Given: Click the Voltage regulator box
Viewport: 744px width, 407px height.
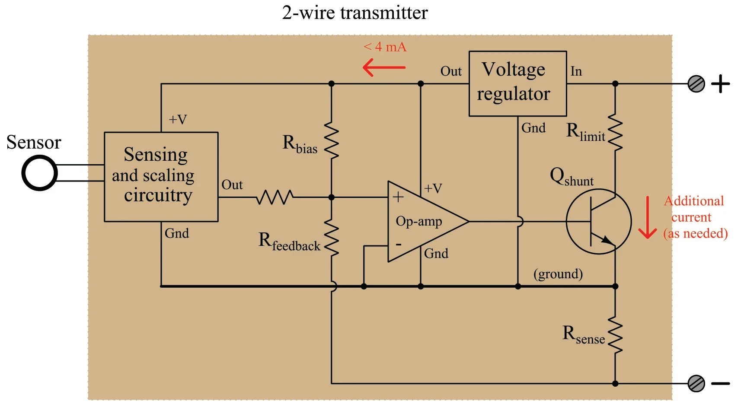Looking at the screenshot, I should pyautogui.click(x=517, y=83).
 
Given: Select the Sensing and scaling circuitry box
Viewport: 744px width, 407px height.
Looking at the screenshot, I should pyautogui.click(x=161, y=177).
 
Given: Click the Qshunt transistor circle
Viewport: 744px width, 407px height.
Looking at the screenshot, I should pyautogui.click(x=599, y=221).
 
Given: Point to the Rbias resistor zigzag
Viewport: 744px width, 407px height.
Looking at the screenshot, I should pyautogui.click(x=332, y=140).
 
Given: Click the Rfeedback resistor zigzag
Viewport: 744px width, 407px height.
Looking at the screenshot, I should pyautogui.click(x=332, y=238).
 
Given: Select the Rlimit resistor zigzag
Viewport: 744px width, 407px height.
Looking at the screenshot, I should pyautogui.click(x=615, y=132).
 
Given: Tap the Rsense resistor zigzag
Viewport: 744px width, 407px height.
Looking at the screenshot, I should pyautogui.click(x=615, y=335).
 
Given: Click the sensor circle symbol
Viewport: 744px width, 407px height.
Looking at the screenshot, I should pyautogui.click(x=39, y=173).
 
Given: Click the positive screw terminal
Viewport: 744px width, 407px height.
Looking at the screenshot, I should pyautogui.click(x=696, y=84).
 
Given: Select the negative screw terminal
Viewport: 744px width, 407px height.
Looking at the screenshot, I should pyautogui.click(x=696, y=383).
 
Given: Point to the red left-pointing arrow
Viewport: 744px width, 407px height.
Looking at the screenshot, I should pyautogui.click(x=384, y=67).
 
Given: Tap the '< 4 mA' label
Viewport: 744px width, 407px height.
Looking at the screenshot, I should pyautogui.click(x=385, y=47).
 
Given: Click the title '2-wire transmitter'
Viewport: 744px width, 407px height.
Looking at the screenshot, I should pyautogui.click(x=354, y=13).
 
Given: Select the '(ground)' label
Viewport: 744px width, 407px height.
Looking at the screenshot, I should pyautogui.click(x=558, y=273).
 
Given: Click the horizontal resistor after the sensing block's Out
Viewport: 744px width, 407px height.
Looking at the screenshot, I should pyautogui.click(x=275, y=197).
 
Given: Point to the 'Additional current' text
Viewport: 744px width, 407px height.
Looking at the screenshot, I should pyautogui.click(x=694, y=209).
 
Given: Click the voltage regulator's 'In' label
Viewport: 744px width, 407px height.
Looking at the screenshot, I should pyautogui.click(x=576, y=71).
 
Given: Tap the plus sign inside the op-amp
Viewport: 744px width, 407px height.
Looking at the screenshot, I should pyautogui.click(x=398, y=197).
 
